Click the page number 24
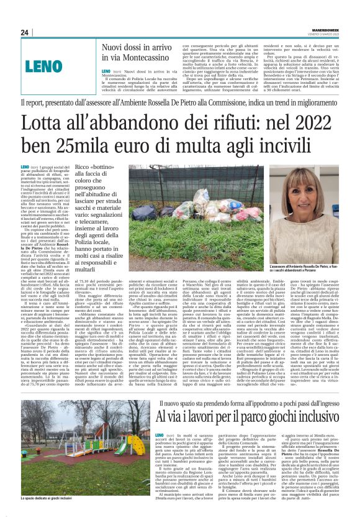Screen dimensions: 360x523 tap(25, 32)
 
